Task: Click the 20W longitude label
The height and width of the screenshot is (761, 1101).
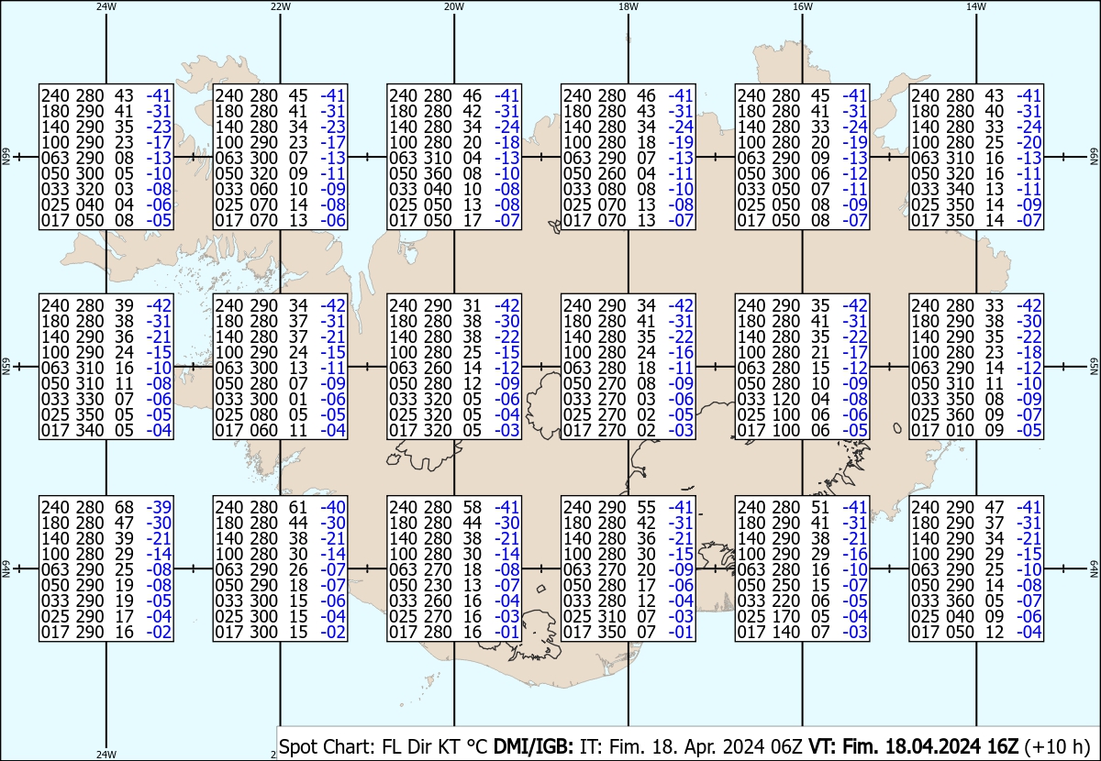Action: tap(453, 6)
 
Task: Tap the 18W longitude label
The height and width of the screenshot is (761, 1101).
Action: tap(628, 6)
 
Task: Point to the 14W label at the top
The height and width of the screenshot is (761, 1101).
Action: tap(976, 6)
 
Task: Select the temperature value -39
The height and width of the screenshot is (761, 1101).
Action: tap(159, 507)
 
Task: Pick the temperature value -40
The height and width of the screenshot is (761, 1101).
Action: tap(332, 507)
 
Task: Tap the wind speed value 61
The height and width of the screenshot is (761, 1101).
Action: tap(297, 507)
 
